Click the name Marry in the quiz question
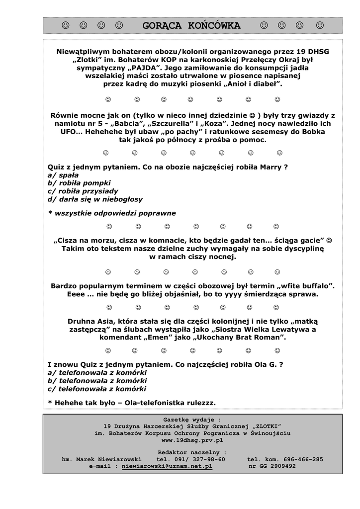pyautogui.click(x=271, y=167)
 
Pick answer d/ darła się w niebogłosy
pyautogui.click(x=95, y=199)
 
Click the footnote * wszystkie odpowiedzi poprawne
pyautogui.click(x=112, y=213)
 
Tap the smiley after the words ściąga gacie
pyautogui.click(x=329, y=241)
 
